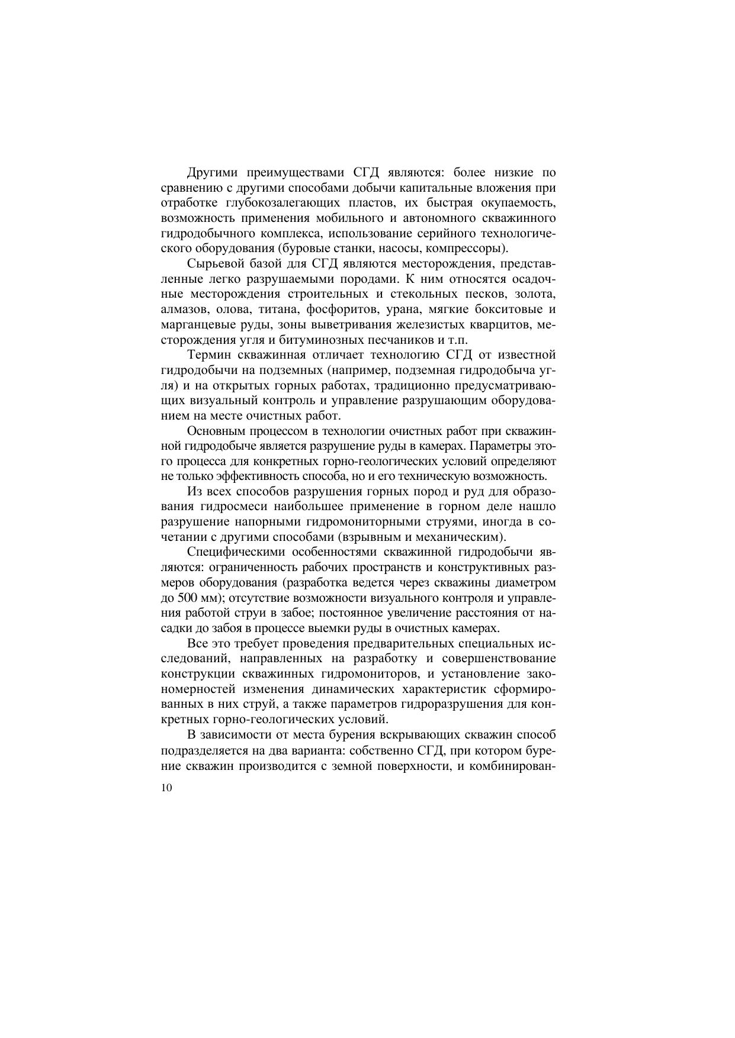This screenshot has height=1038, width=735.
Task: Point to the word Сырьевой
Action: [215, 264]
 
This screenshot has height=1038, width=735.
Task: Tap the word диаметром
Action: [526, 583]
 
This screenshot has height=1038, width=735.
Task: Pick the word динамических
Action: [352, 689]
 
